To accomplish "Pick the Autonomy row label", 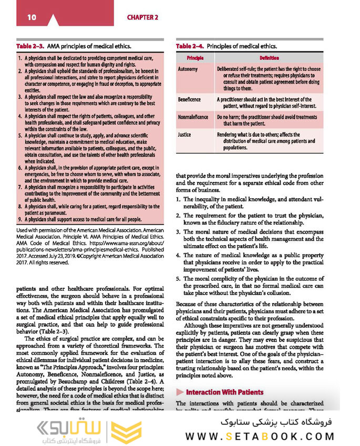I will (188, 69).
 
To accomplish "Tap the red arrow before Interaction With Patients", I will (180, 392).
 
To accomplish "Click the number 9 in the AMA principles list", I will (19, 219).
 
